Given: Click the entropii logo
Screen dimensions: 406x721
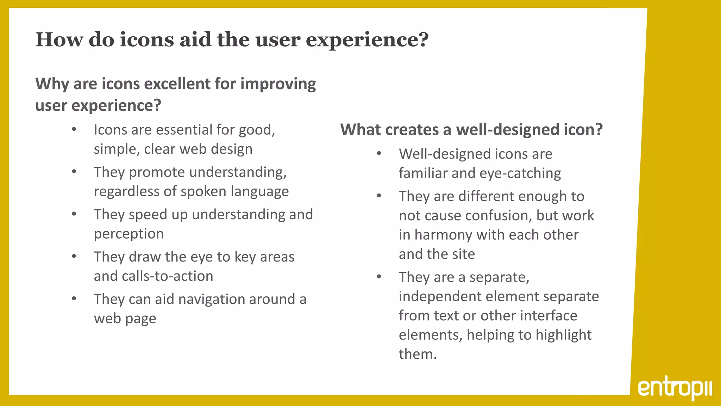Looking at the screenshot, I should tap(675, 389).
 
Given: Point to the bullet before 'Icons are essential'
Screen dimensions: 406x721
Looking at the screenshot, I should tap(74, 129).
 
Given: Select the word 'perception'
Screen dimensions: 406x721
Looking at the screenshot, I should tap(129, 234).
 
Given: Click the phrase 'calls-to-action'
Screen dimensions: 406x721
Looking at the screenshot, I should tap(167, 276).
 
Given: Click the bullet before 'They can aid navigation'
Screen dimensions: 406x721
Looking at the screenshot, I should tap(74, 299).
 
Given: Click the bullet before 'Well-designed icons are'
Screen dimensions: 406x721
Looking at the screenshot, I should tap(379, 154).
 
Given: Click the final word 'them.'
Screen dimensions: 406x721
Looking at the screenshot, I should tap(418, 354).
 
